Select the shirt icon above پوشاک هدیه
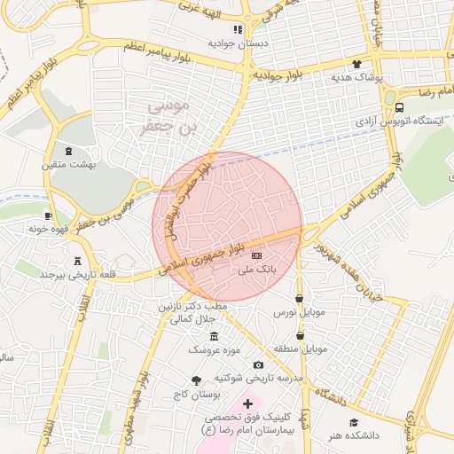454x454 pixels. tap(357, 64)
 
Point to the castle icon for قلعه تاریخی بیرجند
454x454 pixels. tap(78, 262)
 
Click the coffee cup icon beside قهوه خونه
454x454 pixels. tap(48, 215)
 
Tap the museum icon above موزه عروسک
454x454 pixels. tap(213, 336)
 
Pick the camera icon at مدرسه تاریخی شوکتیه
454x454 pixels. tap(258, 364)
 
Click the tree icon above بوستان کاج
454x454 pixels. tap(196, 379)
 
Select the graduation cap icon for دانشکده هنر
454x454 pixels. tap(354, 423)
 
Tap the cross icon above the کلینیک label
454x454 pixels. tap(247, 403)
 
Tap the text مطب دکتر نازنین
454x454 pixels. tap(192, 306)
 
